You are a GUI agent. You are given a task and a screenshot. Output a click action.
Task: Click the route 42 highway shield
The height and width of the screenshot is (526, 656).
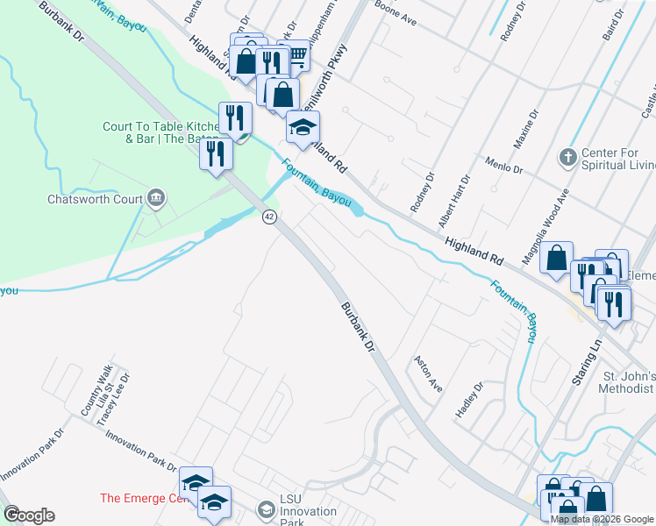270,217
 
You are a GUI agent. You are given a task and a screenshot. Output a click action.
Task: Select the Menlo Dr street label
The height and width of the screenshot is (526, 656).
504,166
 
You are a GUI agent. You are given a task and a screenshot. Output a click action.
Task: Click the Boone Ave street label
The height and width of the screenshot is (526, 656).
395,17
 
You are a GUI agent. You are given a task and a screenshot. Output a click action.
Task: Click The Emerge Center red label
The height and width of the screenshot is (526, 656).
144,498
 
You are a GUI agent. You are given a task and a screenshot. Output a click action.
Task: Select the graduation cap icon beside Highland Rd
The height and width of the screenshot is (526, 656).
303,128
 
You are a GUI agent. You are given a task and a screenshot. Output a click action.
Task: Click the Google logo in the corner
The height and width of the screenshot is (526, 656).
29,515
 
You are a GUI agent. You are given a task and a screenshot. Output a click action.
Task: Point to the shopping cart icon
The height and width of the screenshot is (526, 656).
296,56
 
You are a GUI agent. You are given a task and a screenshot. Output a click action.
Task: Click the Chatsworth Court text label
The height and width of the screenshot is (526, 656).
95,199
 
